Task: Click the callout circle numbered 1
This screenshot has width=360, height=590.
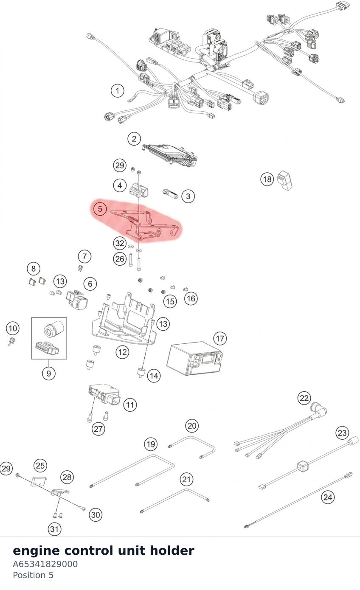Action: [118, 91]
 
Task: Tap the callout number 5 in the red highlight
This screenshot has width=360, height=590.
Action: [100, 209]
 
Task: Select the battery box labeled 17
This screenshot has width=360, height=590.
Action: [195, 359]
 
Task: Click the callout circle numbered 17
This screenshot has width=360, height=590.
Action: [220, 338]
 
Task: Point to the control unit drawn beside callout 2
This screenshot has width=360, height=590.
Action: [170, 155]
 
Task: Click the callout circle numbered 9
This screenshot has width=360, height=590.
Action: [49, 373]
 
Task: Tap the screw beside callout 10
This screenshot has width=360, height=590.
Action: [11, 341]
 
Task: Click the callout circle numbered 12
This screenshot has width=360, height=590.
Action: [122, 352]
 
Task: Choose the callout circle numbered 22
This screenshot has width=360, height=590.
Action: [304, 398]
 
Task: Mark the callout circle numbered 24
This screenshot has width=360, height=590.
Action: [328, 497]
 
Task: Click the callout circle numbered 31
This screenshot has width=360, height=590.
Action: [54, 529]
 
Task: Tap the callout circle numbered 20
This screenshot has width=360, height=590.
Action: [192, 426]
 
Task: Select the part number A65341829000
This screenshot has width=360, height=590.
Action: [45, 564]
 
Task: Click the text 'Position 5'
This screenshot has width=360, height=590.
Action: [33, 575]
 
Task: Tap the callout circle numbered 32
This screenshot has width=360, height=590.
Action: [120, 243]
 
